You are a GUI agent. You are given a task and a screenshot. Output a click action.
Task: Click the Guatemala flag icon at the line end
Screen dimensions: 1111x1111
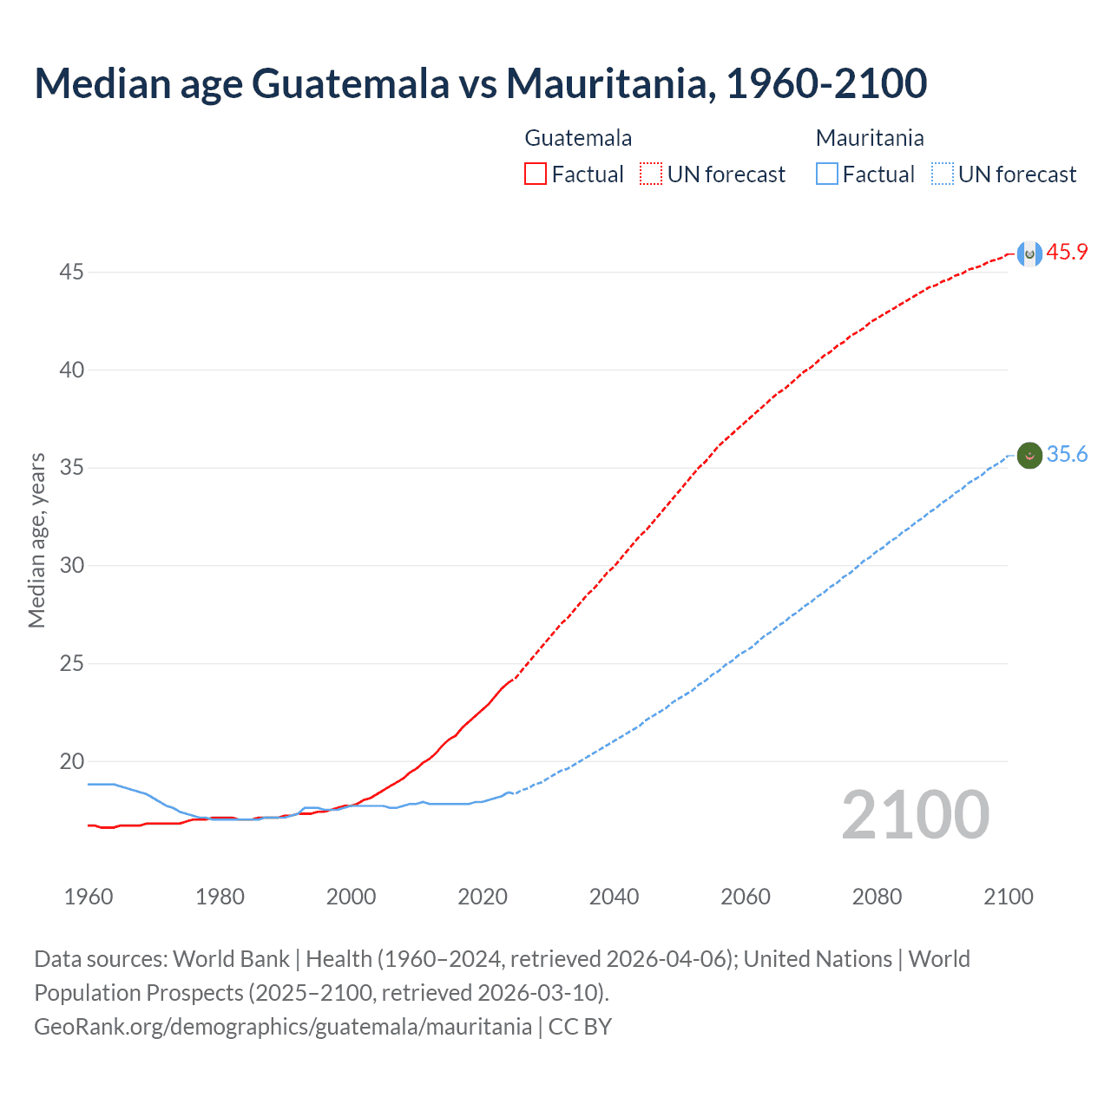click(1029, 253)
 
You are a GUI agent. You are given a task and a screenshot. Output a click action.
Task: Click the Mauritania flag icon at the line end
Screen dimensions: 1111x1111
click(1029, 455)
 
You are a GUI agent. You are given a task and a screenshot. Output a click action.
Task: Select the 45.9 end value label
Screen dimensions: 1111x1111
click(1067, 253)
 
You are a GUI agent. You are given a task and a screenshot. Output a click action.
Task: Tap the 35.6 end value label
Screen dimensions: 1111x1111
click(1067, 455)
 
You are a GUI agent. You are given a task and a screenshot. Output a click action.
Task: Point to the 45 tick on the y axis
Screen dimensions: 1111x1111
click(71, 273)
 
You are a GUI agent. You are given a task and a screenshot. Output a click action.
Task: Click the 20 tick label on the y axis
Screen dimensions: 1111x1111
click(71, 762)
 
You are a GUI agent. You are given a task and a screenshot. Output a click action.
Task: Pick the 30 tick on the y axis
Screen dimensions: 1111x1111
click(71, 566)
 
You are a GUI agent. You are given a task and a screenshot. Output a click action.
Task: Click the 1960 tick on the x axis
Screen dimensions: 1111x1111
click(89, 897)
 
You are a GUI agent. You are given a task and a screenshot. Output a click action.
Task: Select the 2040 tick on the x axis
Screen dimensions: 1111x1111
click(614, 897)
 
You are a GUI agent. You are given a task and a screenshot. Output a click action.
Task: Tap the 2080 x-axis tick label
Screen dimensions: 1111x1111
click(877, 897)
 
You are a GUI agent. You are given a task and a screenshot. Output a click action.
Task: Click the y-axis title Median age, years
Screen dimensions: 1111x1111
click(36, 540)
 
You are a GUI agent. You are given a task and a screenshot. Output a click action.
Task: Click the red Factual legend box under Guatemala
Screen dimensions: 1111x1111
click(536, 174)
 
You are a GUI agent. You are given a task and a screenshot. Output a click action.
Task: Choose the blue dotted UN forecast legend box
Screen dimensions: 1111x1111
click(943, 174)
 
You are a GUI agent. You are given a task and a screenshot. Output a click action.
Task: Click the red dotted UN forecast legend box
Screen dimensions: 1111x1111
click(651, 174)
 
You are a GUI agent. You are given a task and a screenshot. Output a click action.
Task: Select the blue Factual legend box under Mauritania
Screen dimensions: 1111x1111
click(827, 174)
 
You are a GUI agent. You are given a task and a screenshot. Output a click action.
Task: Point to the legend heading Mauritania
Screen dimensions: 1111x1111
click(870, 138)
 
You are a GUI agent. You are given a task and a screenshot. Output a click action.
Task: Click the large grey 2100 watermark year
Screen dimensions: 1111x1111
click(915, 814)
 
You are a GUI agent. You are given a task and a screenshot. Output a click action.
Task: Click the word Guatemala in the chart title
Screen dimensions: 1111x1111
click(351, 83)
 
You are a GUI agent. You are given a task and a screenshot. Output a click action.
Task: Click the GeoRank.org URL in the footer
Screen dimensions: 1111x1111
click(283, 1027)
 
